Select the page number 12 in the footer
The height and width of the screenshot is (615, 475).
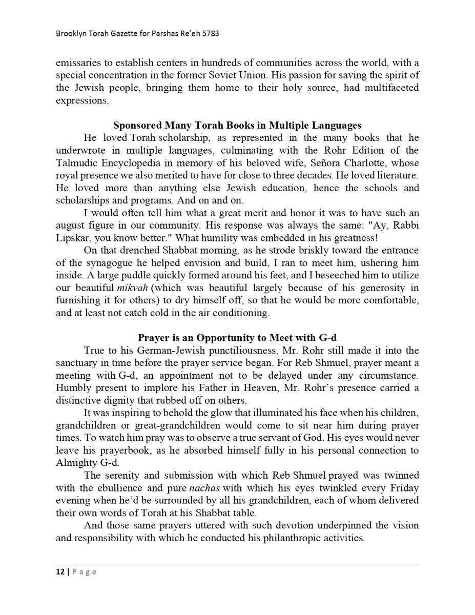[60, 571]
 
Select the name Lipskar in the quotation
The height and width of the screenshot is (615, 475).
[72, 238]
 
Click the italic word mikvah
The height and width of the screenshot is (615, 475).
[132, 288]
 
